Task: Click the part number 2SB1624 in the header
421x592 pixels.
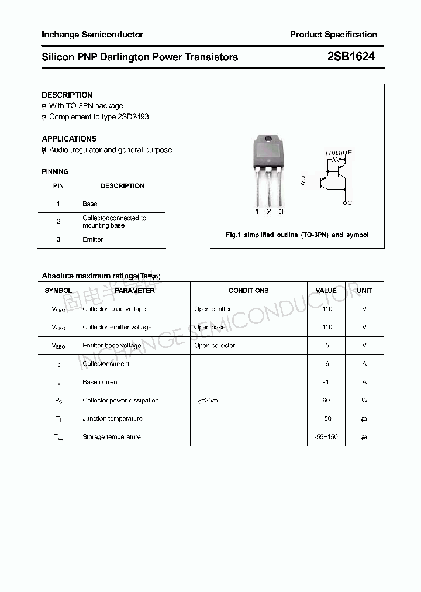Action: tap(351, 57)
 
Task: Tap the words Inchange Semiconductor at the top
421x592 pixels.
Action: tap(92, 35)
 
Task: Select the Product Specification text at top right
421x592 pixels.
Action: tap(333, 35)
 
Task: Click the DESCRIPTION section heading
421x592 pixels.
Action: tap(67, 95)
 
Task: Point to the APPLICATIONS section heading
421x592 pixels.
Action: tap(69, 139)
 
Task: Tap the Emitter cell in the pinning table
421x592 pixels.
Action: tap(92, 239)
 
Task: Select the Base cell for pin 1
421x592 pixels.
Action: tap(89, 204)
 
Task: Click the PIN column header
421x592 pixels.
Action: tap(58, 186)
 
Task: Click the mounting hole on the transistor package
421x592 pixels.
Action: tap(268, 139)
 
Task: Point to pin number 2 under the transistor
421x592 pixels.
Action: tap(268, 212)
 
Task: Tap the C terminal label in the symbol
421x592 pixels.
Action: tap(349, 203)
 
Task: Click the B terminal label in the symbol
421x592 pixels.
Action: tap(303, 177)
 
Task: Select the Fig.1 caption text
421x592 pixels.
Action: tap(297, 235)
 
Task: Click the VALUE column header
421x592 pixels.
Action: tap(326, 291)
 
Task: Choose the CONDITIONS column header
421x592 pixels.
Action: tap(249, 291)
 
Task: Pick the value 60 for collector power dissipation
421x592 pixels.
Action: tap(326, 400)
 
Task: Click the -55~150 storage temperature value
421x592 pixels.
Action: tap(326, 437)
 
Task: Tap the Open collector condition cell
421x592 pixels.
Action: tap(215, 346)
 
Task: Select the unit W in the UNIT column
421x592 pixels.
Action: tap(364, 400)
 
